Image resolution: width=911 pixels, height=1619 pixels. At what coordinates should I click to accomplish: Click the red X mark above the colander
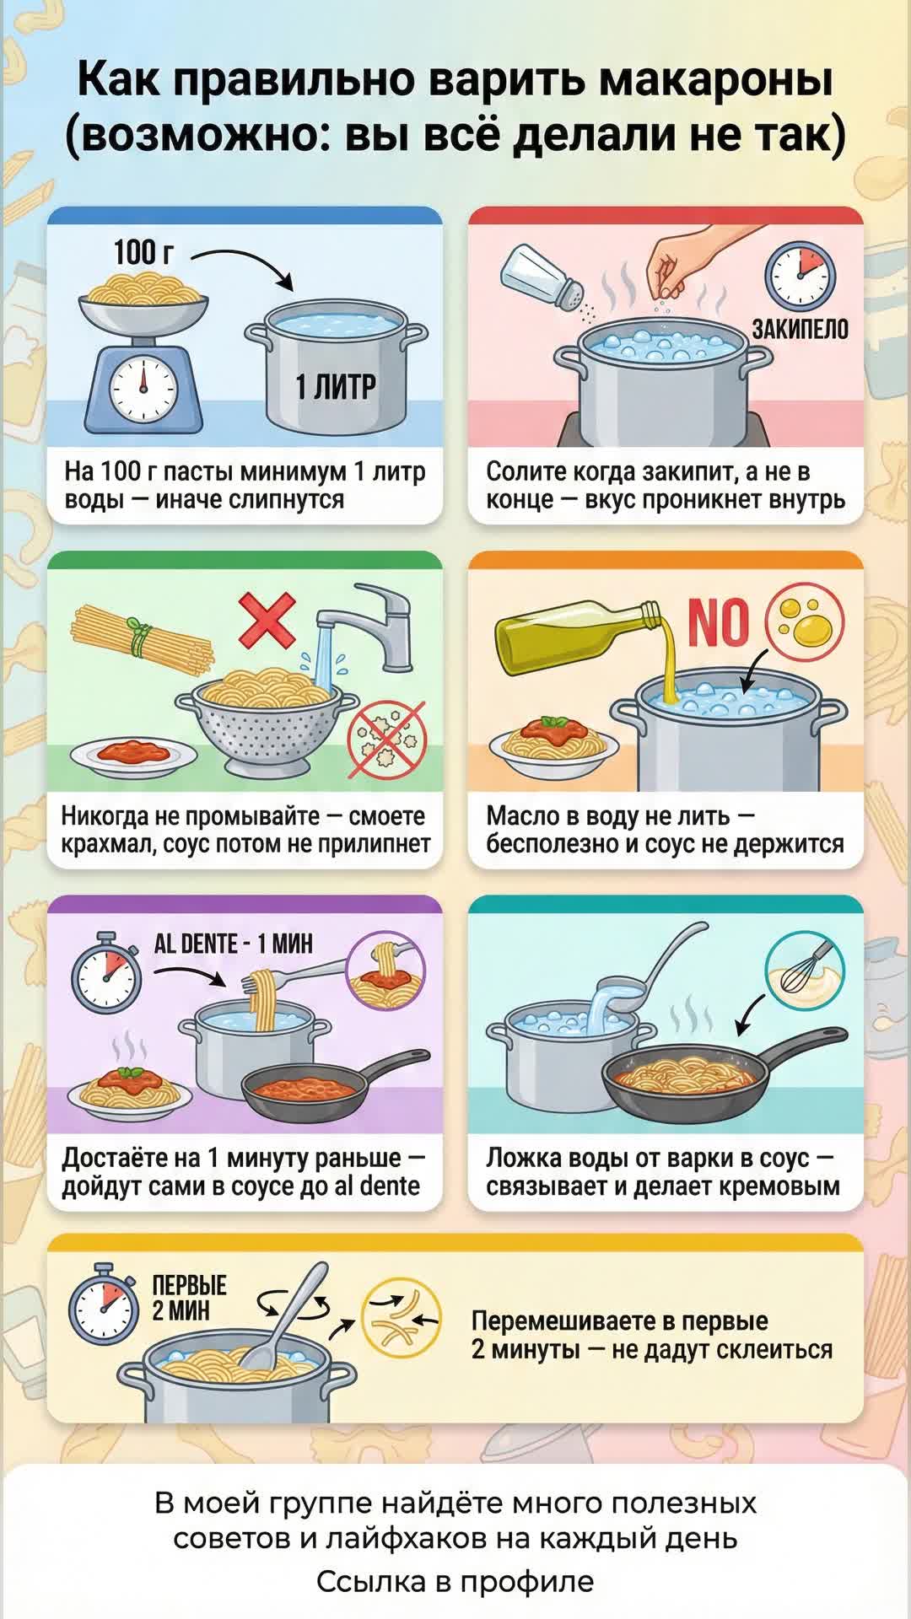pos(267,620)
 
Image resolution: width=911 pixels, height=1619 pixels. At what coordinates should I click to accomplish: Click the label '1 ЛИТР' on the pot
pos(336,387)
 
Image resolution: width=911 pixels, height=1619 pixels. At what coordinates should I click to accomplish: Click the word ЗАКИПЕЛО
pos(800,329)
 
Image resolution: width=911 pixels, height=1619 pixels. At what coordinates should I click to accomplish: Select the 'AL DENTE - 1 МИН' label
pos(233,944)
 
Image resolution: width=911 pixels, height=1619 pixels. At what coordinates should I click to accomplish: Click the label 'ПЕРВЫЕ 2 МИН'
pos(189,1298)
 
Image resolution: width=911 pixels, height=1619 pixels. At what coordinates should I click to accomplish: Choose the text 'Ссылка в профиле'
pos(455,1582)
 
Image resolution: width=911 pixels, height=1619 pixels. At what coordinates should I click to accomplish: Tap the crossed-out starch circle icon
pos(387,740)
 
